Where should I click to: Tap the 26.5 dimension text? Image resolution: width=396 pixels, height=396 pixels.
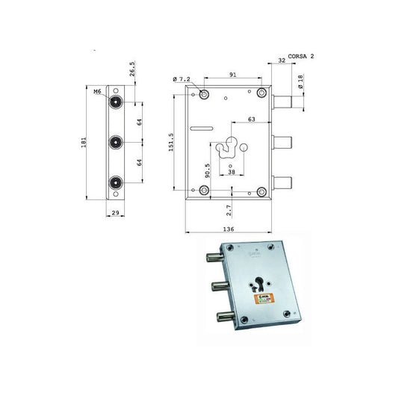pos(132,69)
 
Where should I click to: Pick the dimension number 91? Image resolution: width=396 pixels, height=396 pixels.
pos(234,74)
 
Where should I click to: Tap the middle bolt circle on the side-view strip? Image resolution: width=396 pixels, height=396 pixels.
pos(116,140)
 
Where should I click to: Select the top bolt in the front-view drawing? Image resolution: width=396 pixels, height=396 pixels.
pos(282,101)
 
